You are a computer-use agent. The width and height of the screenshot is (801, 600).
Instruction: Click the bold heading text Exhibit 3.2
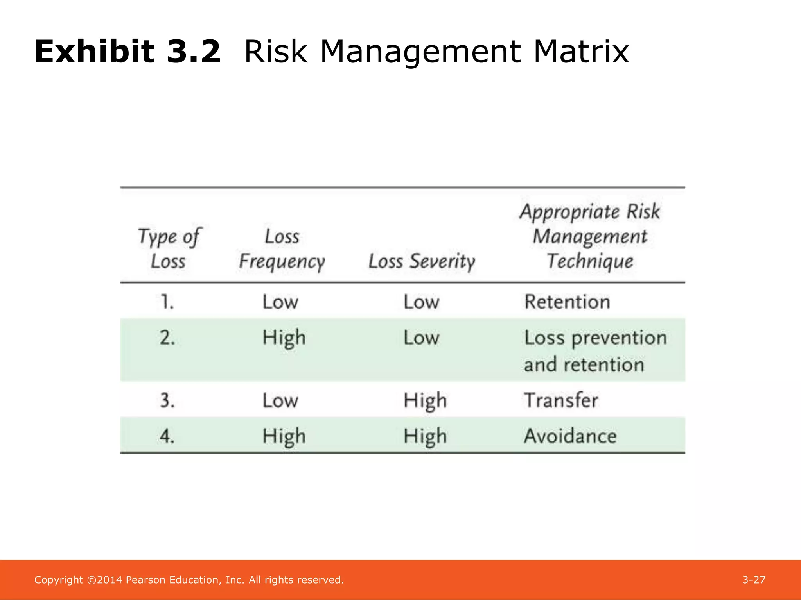tap(128, 52)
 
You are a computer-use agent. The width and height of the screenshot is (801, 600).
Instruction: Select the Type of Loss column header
tap(169, 249)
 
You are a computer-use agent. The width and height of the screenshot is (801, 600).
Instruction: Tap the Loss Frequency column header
tap(282, 249)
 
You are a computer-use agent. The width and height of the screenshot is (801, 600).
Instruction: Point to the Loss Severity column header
tap(422, 261)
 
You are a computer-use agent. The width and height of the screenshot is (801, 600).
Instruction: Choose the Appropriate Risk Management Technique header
tap(590, 236)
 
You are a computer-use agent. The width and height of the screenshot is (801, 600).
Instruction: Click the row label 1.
tap(167, 302)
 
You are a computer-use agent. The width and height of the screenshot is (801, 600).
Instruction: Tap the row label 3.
tap(167, 400)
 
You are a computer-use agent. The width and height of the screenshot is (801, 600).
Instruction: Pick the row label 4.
tap(167, 436)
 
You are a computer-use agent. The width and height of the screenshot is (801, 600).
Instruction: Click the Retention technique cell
tap(567, 302)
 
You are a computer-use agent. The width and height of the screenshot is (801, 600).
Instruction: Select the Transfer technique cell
tap(561, 400)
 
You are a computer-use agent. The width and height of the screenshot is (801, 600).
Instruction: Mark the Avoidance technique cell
tap(570, 436)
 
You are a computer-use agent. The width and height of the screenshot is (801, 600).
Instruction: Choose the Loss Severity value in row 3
tap(425, 400)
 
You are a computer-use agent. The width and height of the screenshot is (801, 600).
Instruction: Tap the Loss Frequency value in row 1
tap(280, 302)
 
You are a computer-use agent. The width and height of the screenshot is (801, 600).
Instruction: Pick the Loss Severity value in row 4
tap(425, 436)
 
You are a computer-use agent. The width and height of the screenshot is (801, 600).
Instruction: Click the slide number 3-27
tap(754, 580)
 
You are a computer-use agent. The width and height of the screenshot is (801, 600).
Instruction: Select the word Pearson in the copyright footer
tap(145, 580)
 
